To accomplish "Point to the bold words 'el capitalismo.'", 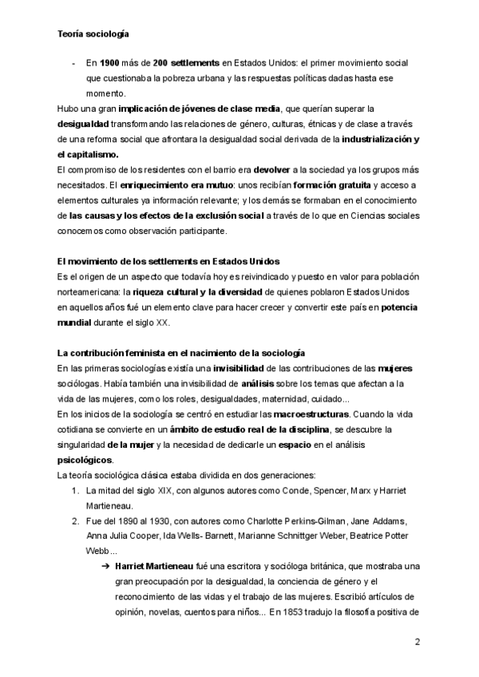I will pyautogui.click(x=88, y=154).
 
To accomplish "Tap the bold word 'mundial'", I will pyautogui.click(x=77, y=322).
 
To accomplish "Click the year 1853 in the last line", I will pyautogui.click(x=298, y=612).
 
